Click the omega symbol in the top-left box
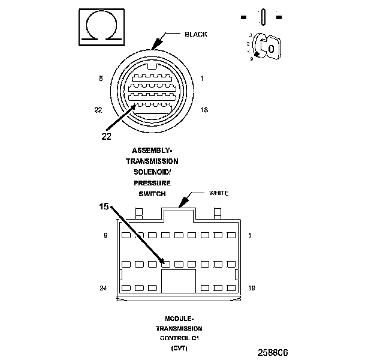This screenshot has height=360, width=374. [101, 28]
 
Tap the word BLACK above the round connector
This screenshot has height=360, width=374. [196, 34]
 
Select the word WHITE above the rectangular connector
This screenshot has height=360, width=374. [219, 193]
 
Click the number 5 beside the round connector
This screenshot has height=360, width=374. [101, 79]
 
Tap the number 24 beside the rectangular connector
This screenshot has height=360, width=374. [103, 288]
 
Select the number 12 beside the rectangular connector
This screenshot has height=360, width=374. [252, 288]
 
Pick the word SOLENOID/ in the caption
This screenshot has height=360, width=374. [152, 172]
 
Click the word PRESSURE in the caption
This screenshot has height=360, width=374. [152, 182]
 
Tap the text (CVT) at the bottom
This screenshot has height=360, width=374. [179, 347]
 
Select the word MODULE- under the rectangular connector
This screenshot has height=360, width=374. [179, 319]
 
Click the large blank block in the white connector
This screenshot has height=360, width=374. [179, 281]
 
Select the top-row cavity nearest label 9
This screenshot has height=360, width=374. [126, 236]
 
